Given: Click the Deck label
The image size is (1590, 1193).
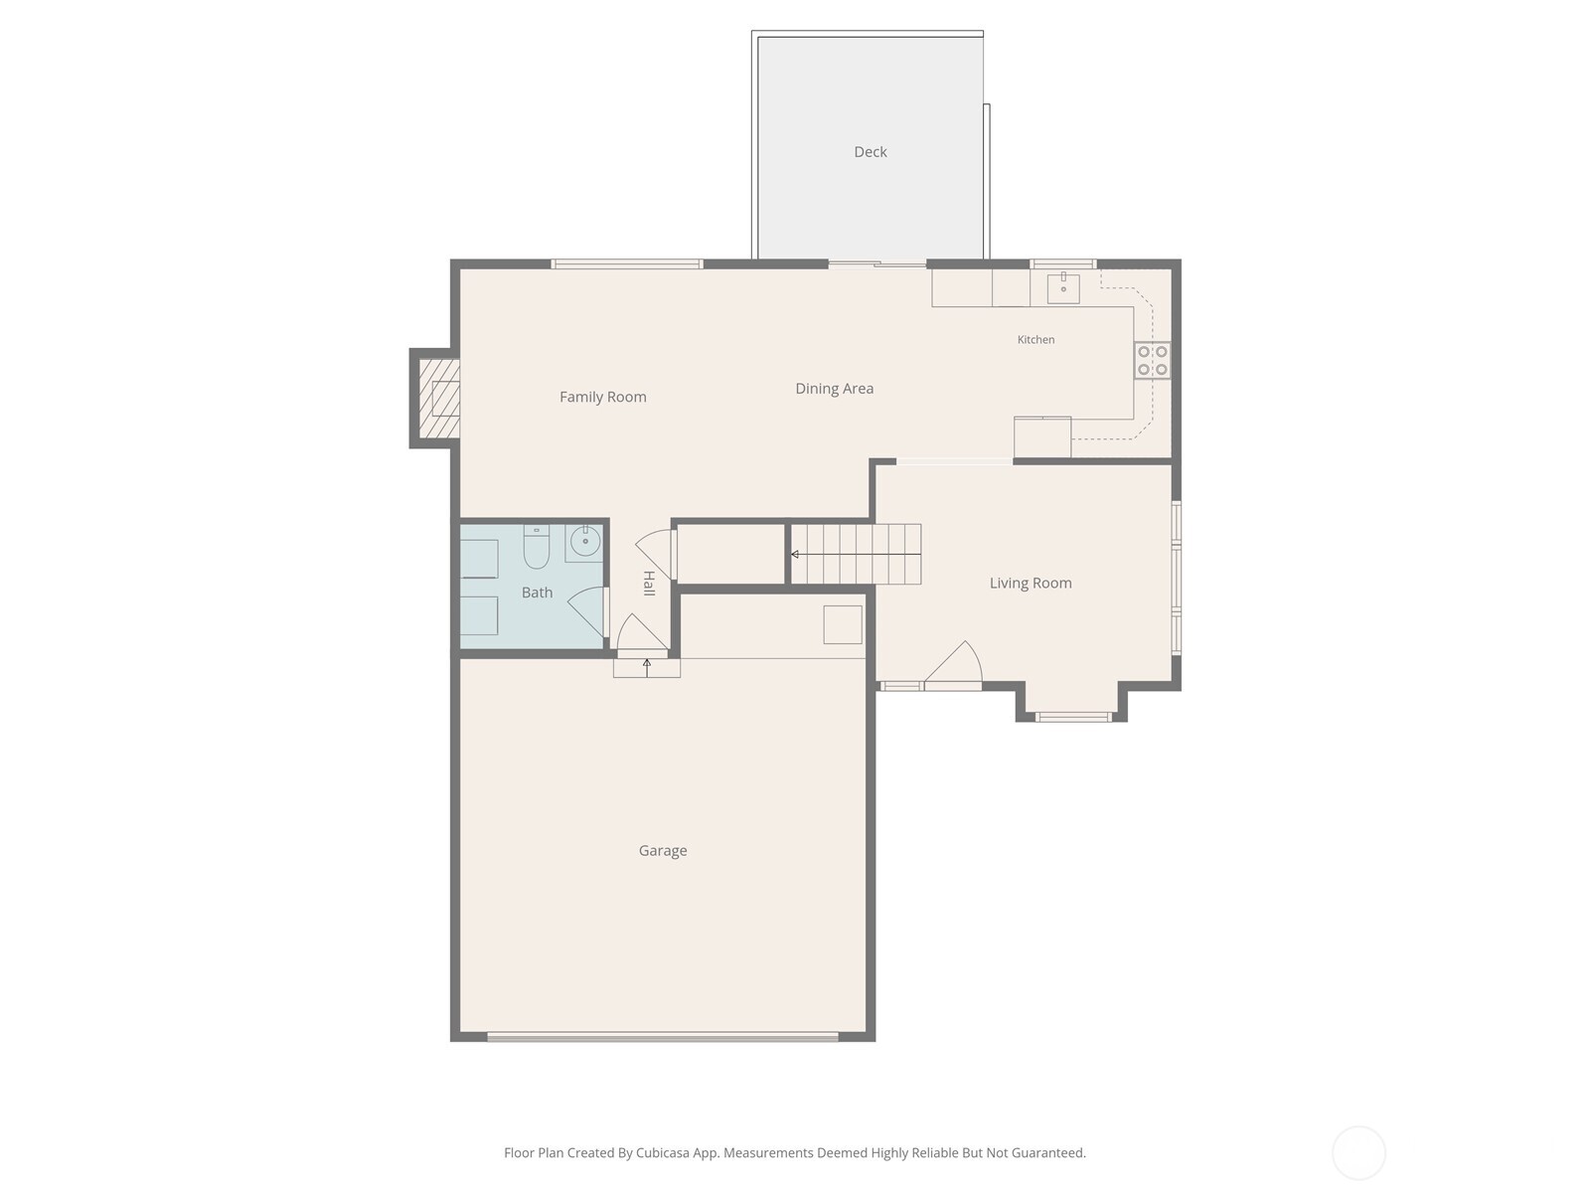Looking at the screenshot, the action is pyautogui.click(x=870, y=151).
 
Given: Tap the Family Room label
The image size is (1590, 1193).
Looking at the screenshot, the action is pyautogui.click(x=602, y=397).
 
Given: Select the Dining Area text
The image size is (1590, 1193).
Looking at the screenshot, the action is pyautogui.click(x=834, y=389).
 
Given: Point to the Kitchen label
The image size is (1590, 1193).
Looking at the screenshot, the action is pyautogui.click(x=1035, y=339).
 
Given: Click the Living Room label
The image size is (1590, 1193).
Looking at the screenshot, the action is pyautogui.click(x=1031, y=583).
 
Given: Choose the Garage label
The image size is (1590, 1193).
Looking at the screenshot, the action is pyautogui.click(x=662, y=850).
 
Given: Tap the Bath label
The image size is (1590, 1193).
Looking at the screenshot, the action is pyautogui.click(x=537, y=592).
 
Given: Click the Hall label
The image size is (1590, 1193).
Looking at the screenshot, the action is pyautogui.click(x=649, y=584).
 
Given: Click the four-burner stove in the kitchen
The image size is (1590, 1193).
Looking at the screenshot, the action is pyautogui.click(x=1152, y=360).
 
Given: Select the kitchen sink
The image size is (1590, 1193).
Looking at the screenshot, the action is pyautogui.click(x=1062, y=288).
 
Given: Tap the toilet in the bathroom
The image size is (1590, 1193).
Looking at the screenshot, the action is pyautogui.click(x=536, y=547).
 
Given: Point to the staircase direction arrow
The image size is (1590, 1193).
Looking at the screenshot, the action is pyautogui.click(x=855, y=554).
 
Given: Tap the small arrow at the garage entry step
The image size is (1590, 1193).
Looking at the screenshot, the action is pyautogui.click(x=646, y=667).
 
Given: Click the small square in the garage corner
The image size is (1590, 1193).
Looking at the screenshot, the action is pyautogui.click(x=843, y=624).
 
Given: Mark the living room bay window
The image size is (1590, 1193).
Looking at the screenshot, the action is pyautogui.click(x=1071, y=717).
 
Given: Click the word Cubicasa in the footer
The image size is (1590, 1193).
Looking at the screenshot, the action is pyautogui.click(x=662, y=1152).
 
